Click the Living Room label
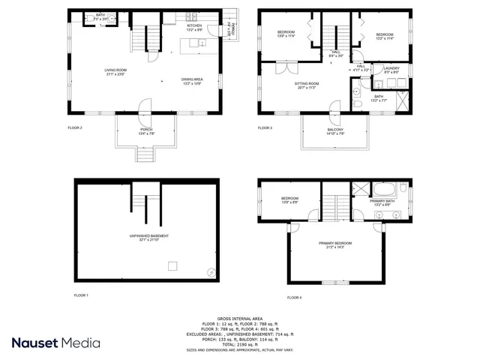(x=114, y=71)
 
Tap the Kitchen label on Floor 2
(x=194, y=25)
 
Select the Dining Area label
(x=192, y=79)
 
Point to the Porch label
(x=146, y=130)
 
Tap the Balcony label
(x=335, y=130)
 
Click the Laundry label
(x=391, y=68)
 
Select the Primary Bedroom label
(x=334, y=244)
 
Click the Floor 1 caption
(x=81, y=295)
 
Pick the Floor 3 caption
(x=265, y=127)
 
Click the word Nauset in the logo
(x=40, y=343)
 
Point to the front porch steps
(x=146, y=155)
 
